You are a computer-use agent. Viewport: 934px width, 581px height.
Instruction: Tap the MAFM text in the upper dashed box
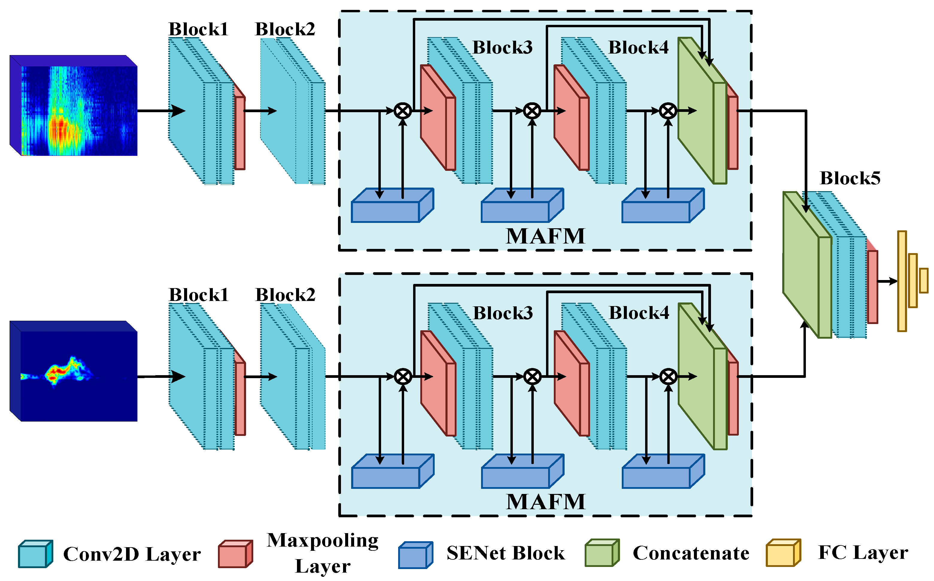pyautogui.click(x=545, y=236)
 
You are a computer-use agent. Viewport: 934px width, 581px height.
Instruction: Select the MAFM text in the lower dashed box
pyautogui.click(x=545, y=502)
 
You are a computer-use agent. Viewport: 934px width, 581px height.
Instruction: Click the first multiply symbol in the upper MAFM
pyautogui.click(x=403, y=111)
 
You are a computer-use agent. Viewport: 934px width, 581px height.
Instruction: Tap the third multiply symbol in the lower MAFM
pyautogui.click(x=668, y=377)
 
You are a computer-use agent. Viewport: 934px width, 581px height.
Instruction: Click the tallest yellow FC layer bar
pyautogui.click(x=901, y=281)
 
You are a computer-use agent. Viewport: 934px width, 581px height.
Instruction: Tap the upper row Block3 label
pyautogui.click(x=502, y=48)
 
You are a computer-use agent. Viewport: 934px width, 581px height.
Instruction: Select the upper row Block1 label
pyautogui.click(x=198, y=29)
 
